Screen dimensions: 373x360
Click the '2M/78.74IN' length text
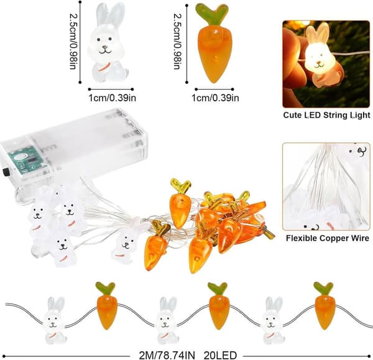(x=167, y=356)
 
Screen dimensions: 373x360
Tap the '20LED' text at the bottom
(x=220, y=356)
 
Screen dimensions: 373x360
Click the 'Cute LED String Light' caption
(x=326, y=115)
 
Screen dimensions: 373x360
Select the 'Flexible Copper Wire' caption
(x=328, y=238)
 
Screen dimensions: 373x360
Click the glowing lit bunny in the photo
(x=320, y=55)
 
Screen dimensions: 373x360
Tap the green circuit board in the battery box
(x=22, y=159)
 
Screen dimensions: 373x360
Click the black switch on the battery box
(x=4, y=172)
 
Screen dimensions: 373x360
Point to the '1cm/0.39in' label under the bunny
(x=113, y=98)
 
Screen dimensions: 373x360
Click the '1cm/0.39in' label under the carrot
(x=215, y=98)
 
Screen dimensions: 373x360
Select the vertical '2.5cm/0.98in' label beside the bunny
(x=73, y=41)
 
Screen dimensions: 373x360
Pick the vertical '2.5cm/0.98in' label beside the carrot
(x=177, y=41)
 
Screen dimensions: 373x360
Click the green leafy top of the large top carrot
(x=211, y=14)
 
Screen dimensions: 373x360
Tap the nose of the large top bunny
(x=105, y=47)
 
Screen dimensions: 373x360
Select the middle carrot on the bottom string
(x=218, y=305)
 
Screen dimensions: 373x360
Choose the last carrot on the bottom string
(x=325, y=305)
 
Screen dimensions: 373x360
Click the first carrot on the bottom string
(x=106, y=305)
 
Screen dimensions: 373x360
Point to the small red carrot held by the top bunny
(x=104, y=67)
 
